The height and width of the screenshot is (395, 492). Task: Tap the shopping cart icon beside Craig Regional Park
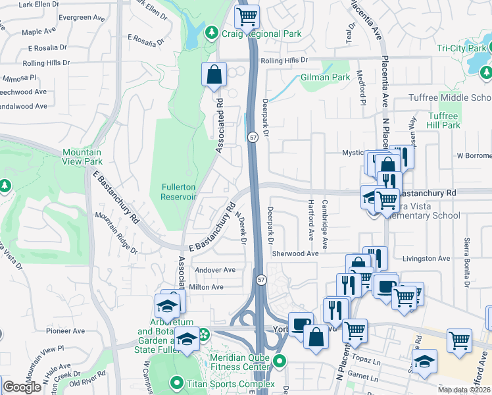click(247, 16)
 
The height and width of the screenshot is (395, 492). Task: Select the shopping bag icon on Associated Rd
click(214, 75)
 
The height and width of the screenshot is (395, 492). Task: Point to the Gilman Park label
click(325, 77)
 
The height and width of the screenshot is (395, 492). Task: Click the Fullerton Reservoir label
click(178, 191)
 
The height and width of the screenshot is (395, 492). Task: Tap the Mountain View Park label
click(82, 156)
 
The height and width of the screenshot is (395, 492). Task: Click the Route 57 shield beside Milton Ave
click(261, 280)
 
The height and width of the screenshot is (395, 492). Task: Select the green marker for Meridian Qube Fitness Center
click(280, 361)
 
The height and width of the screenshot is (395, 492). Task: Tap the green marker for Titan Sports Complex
click(176, 382)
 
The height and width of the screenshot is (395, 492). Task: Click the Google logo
click(22, 387)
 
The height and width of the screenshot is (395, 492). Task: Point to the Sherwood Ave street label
click(295, 253)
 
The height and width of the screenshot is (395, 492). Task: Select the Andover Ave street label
click(211, 270)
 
